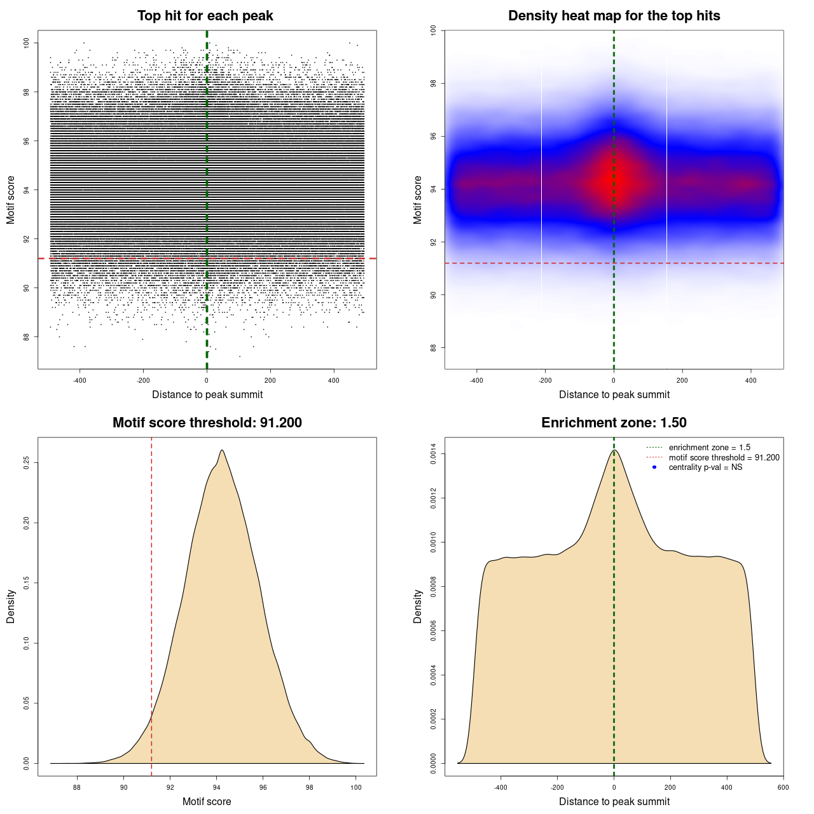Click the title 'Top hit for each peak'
pyautogui.click(x=205, y=16)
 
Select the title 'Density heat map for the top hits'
pyautogui.click(x=614, y=16)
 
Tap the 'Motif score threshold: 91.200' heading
pyautogui.click(x=207, y=423)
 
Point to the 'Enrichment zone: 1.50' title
pyautogui.click(x=614, y=423)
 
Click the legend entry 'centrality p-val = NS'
pyautogui.click(x=705, y=467)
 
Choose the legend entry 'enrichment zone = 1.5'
pyautogui.click(x=709, y=448)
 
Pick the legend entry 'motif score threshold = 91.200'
pyautogui.click(x=724, y=458)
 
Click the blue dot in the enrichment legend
pyautogui.click(x=654, y=467)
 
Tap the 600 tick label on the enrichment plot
pyautogui.click(x=783, y=787)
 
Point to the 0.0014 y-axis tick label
pyautogui.click(x=434, y=454)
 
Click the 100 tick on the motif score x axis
pyautogui.click(x=356, y=787)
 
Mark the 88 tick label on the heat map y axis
pyautogui.click(x=434, y=347)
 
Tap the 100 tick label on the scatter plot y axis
pyautogui.click(x=27, y=43)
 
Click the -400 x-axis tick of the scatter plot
pyautogui.click(x=79, y=380)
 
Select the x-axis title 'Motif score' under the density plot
pyautogui.click(x=207, y=801)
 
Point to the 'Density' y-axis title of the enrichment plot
pyautogui.click(x=418, y=606)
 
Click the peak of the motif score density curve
pyautogui.click(x=221, y=450)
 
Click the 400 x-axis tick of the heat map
pyautogui.click(x=751, y=380)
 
